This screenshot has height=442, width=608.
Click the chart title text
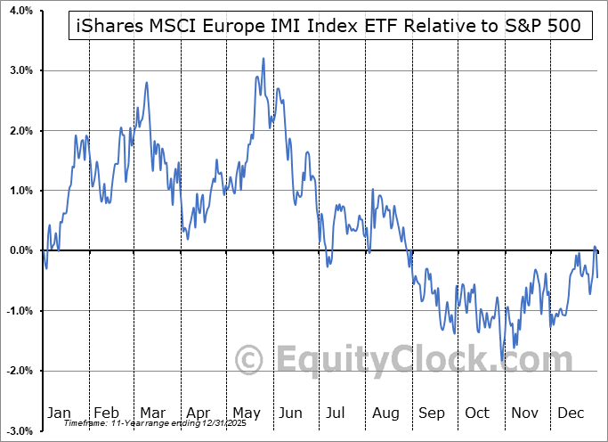click(325, 26)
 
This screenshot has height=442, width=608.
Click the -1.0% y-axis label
click(17, 311)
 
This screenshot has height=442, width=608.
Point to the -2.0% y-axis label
click(17, 371)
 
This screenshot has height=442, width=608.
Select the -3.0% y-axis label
click(17, 431)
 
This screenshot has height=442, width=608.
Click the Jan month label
click(59, 413)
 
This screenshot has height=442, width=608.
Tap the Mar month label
click(152, 413)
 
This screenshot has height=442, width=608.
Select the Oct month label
click(477, 413)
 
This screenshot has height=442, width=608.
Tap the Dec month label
click(571, 413)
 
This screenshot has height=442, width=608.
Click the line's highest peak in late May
click(263, 59)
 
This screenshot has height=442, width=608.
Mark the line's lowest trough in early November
click(502, 361)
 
